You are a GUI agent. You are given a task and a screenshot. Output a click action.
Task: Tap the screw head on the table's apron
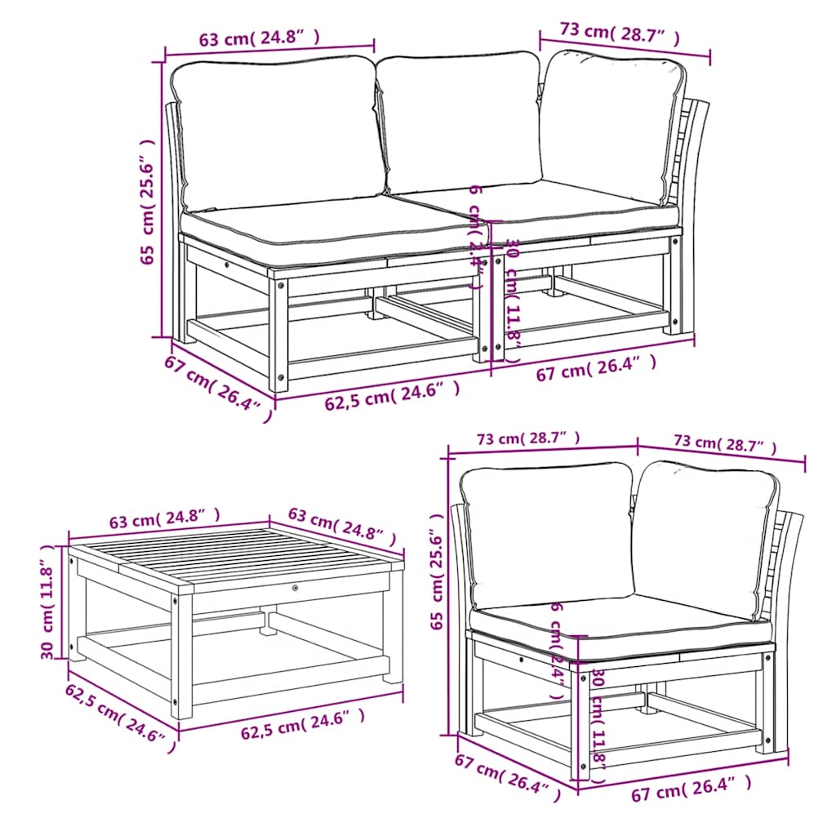(295, 587)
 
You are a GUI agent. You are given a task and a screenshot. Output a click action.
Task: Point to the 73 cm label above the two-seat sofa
(620, 33)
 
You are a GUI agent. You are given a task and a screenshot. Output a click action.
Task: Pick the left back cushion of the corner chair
(545, 534)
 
